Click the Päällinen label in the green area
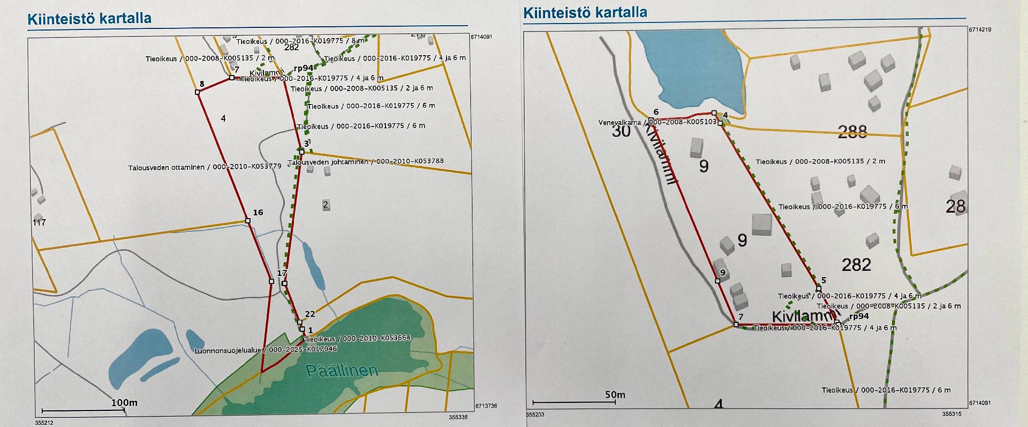point(341,370)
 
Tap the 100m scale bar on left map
point(83,410)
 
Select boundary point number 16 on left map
point(248,220)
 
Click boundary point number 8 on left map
point(197,92)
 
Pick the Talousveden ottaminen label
point(205,167)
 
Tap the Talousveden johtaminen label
point(366,161)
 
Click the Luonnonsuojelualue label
point(266,350)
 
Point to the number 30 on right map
point(621,131)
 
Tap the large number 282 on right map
point(856,264)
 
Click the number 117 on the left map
point(39,222)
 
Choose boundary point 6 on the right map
point(651,119)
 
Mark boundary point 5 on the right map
point(818,289)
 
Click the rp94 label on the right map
point(859,316)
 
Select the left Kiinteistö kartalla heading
point(89,18)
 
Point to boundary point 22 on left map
point(299,323)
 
